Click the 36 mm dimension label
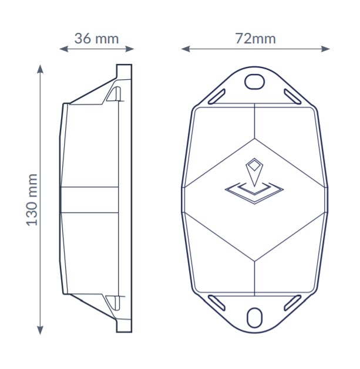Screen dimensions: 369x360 click(96, 39)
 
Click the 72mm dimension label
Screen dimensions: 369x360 click(255, 39)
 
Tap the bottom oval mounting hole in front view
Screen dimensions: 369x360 click(254, 318)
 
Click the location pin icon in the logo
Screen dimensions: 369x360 click(254, 170)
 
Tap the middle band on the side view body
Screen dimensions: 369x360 click(91, 199)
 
